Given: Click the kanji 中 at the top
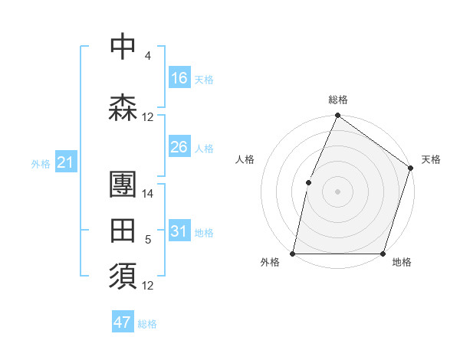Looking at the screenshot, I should pyautogui.click(x=123, y=47).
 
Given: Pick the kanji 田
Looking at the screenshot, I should pyautogui.click(x=123, y=229).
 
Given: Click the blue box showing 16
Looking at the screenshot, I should pyautogui.click(x=179, y=77).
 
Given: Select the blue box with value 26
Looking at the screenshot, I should pyautogui.click(x=179, y=146).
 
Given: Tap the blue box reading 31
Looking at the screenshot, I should pyautogui.click(x=179, y=231).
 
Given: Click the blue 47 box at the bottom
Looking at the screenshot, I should pyautogui.click(x=123, y=322).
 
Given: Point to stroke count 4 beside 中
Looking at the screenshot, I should pyautogui.click(x=147, y=56).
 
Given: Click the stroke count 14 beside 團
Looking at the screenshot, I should pyautogui.click(x=148, y=194).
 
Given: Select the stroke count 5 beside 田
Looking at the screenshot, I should pyautogui.click(x=147, y=240).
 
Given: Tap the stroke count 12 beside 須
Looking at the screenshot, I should pyautogui.click(x=148, y=286).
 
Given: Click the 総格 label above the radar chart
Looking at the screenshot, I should pyautogui.click(x=338, y=100).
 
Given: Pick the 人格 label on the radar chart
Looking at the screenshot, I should pyautogui.click(x=245, y=159).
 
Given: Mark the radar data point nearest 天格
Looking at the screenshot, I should pyautogui.click(x=410, y=169).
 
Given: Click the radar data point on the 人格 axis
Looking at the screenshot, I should pyautogui.click(x=308, y=182).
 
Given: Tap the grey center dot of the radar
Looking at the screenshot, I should pyautogui.click(x=337, y=191).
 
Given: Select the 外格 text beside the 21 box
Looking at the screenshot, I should pyautogui.click(x=41, y=163).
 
